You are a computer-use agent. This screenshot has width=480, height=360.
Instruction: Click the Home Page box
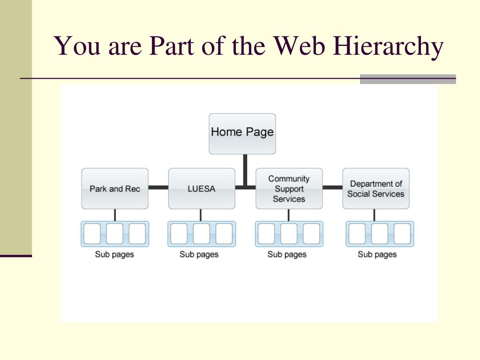click(x=242, y=134)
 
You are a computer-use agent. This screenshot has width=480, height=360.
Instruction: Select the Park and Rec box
click(x=115, y=188)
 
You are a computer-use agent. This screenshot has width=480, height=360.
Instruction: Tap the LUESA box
click(x=202, y=188)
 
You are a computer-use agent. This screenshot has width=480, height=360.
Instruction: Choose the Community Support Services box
click(x=289, y=188)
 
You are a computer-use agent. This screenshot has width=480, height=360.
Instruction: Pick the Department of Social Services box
click(x=375, y=188)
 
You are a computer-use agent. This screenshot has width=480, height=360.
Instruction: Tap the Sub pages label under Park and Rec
click(x=114, y=255)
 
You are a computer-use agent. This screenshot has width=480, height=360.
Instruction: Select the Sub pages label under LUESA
click(x=199, y=255)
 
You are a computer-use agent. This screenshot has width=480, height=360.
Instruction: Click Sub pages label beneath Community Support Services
click(x=287, y=255)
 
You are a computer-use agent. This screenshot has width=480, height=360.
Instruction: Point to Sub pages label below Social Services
click(x=377, y=255)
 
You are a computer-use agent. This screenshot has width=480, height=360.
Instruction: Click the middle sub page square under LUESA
click(x=202, y=233)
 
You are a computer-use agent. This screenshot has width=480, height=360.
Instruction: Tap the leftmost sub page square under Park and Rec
click(x=92, y=233)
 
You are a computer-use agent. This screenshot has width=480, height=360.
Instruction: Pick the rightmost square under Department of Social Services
click(x=402, y=233)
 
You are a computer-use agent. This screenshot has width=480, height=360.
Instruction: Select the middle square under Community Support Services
click(x=289, y=233)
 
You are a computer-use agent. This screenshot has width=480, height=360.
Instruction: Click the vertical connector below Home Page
click(x=245, y=170)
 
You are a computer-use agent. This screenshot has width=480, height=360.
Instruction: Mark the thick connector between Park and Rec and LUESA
click(x=158, y=188)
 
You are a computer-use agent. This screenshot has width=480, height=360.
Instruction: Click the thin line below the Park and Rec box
click(x=115, y=215)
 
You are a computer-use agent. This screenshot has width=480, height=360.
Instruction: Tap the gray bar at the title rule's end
click(x=408, y=79)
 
